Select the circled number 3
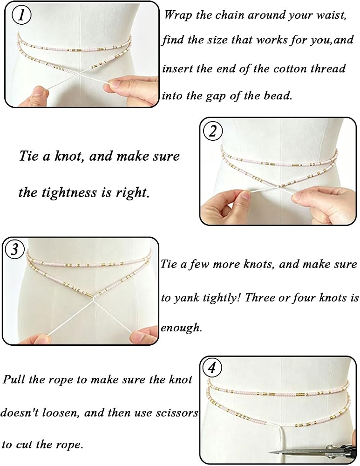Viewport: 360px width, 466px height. click(x=15, y=249)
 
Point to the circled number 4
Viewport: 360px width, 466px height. click(x=212, y=369)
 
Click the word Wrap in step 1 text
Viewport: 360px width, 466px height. click(x=177, y=15)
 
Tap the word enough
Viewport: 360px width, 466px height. click(x=181, y=328)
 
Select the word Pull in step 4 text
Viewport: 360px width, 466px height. click(x=14, y=379)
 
